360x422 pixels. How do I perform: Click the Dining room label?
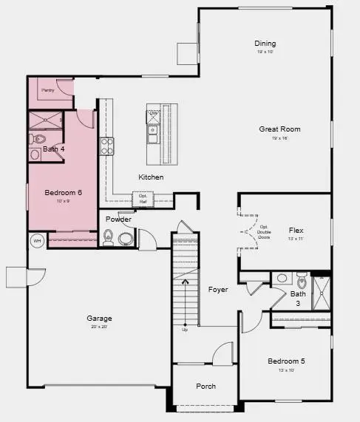[x=265, y=44]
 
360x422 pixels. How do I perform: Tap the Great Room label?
[x=279, y=129]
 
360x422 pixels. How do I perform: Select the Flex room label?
[x=296, y=231]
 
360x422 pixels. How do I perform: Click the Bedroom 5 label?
[x=285, y=361]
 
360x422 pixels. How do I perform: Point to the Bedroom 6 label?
[x=63, y=193]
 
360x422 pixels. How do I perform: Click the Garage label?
[x=98, y=319]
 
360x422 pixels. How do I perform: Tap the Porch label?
[x=206, y=387]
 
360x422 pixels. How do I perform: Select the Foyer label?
[x=217, y=289]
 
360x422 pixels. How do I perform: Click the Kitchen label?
[x=151, y=177]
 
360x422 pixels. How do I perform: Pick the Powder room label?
[x=118, y=219]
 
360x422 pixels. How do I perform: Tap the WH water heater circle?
[x=36, y=240]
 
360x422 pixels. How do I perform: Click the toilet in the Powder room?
[x=109, y=237]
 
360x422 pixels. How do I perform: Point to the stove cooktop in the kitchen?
[x=107, y=146]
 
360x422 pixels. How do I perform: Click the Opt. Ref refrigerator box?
[x=142, y=199]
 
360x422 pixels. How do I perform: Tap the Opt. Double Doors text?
[x=264, y=232]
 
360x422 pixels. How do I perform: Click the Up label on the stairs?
[x=185, y=330]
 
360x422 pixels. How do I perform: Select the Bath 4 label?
[x=53, y=149]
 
